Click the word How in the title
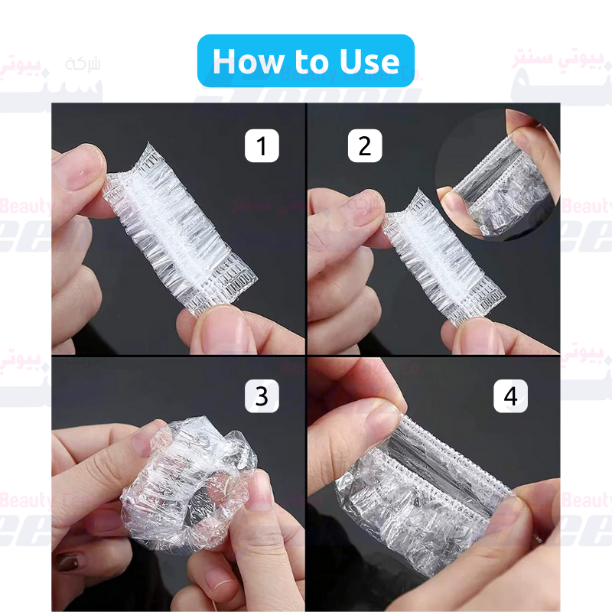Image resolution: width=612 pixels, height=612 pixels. click(x=252, y=61)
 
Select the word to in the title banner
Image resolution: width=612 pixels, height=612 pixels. click(x=313, y=62)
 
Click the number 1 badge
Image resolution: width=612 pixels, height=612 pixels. click(x=262, y=145)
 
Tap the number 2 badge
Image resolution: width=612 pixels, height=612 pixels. click(x=365, y=145)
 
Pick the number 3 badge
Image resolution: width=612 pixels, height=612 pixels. click(x=262, y=396)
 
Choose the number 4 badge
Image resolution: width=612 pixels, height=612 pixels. click(x=510, y=396)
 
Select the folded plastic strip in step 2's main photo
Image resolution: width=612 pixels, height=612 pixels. click(x=444, y=260)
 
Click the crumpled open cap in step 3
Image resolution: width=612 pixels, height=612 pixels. click(x=187, y=482)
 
